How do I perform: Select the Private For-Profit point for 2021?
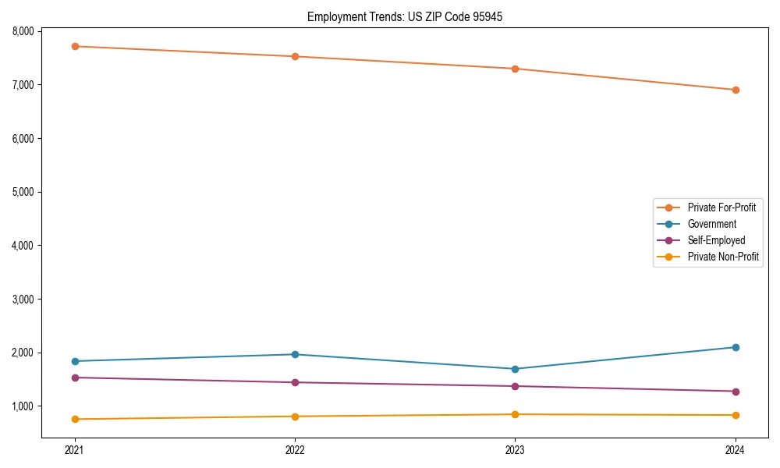pos(75,47)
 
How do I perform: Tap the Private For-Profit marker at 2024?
pos(736,90)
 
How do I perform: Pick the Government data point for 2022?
pos(295,354)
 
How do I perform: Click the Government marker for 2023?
pos(515,369)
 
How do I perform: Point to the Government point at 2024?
pos(736,347)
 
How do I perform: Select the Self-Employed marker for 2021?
pos(75,378)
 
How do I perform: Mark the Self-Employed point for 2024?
pos(736,392)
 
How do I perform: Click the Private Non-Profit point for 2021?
pos(75,419)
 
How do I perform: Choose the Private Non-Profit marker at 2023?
pos(515,414)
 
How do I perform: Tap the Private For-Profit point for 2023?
pos(515,69)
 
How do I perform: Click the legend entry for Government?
pos(711,224)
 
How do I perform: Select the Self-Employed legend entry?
pos(716,240)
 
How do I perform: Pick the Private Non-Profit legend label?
pos(723,257)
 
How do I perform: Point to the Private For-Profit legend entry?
pos(721,207)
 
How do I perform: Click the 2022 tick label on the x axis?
pos(295,449)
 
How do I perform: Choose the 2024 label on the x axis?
pos(736,449)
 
